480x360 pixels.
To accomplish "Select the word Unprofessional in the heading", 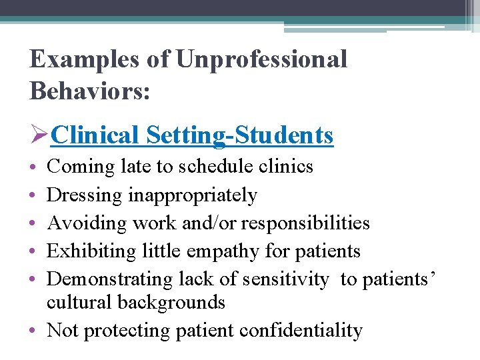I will (x=261, y=59).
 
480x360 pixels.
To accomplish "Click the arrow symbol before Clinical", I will (x=39, y=135).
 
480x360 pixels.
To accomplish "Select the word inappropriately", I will (x=193, y=195).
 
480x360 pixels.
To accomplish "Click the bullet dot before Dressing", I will (x=33, y=196).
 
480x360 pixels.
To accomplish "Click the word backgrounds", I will (x=171, y=302).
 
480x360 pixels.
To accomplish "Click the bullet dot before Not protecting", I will (x=33, y=331).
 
